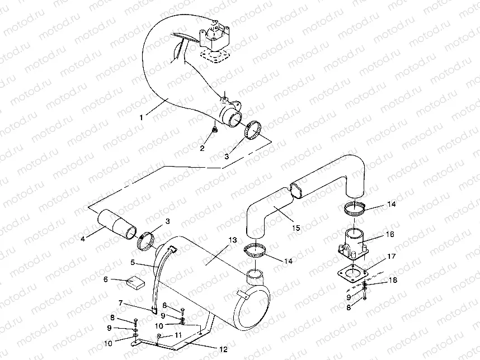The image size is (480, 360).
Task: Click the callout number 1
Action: [142, 117]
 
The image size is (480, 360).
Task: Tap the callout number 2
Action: [203, 148]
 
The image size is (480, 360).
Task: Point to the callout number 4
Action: [82, 239]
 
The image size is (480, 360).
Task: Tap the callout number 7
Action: [120, 302]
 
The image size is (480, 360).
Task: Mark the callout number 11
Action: [178, 335]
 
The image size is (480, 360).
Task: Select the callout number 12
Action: [223, 349]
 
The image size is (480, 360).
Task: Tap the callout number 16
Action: [390, 234]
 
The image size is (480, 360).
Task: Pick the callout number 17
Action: [390, 257]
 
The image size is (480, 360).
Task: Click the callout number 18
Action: [393, 280]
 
